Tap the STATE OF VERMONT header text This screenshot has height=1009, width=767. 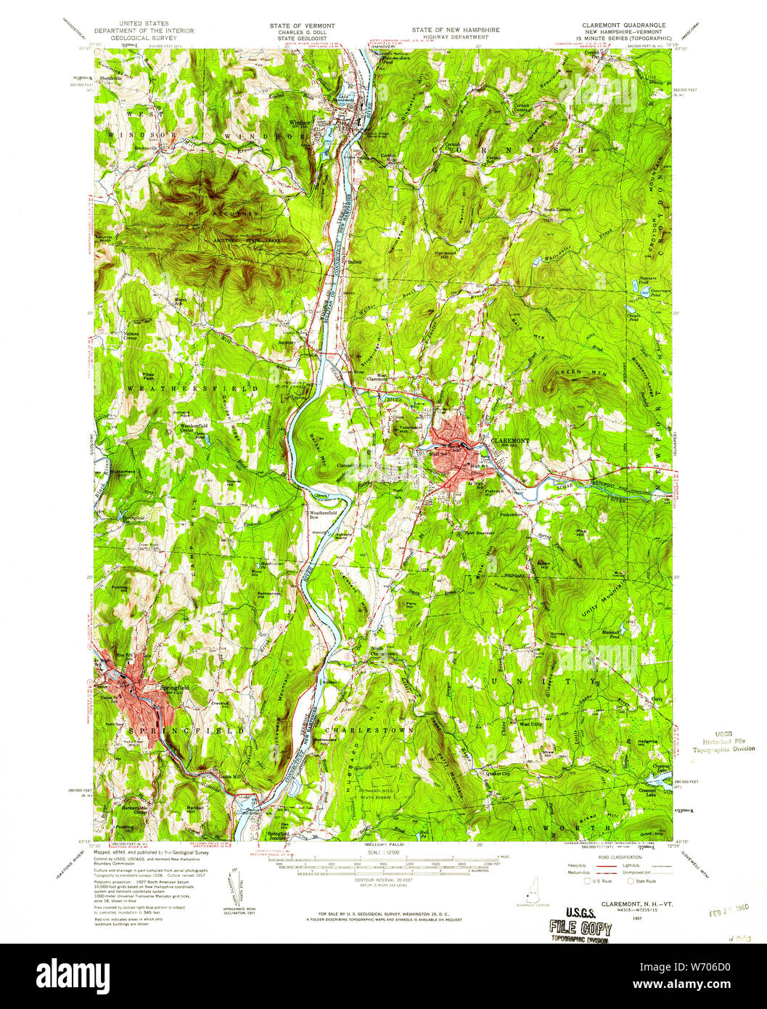pyautogui.click(x=302, y=25)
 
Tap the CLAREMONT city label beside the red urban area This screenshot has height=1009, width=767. pyautogui.click(x=510, y=441)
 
